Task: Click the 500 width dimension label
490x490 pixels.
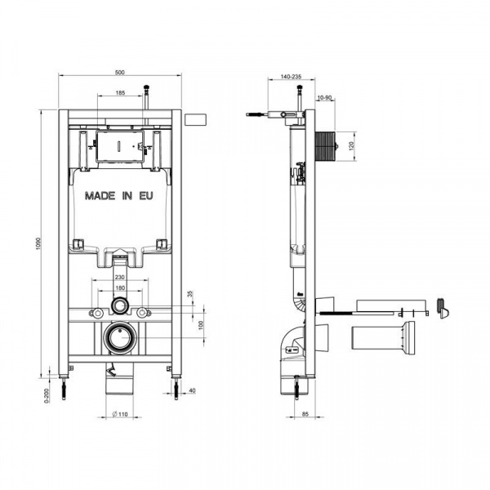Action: tap(120, 73)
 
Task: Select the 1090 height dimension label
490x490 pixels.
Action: tap(38, 243)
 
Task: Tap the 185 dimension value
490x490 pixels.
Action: tap(120, 92)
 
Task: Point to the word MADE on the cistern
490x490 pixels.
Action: tap(100, 196)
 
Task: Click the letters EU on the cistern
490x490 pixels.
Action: tap(146, 196)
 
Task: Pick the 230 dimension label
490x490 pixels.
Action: tap(120, 277)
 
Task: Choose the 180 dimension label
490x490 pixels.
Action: tap(120, 287)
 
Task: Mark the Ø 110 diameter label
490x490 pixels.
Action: tap(120, 414)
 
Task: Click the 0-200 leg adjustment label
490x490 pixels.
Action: tap(47, 395)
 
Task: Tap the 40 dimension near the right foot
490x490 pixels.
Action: tap(193, 390)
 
